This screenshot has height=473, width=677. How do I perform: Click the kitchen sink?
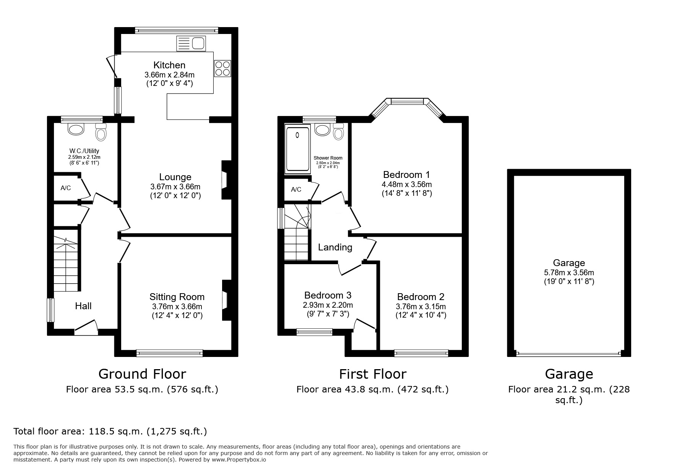[x=191, y=44]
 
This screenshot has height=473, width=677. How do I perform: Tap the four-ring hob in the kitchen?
[x=222, y=69]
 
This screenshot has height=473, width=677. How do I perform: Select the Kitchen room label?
[x=169, y=65]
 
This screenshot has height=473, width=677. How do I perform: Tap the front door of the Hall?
[x=86, y=328]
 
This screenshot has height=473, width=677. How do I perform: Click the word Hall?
[x=83, y=306]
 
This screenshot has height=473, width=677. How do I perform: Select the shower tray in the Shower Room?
[x=298, y=149]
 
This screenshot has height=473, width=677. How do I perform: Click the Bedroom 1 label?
[x=406, y=175]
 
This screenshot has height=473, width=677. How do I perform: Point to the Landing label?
[x=335, y=247]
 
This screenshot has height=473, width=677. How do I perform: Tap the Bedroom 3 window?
[x=315, y=332]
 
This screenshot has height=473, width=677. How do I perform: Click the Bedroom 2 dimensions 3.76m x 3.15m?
[x=421, y=307]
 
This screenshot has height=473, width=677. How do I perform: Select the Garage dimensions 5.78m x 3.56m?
[x=569, y=273]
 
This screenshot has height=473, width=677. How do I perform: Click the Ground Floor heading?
[x=142, y=374]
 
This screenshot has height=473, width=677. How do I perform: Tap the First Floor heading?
[x=373, y=374]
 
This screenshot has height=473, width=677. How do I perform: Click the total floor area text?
[x=110, y=431]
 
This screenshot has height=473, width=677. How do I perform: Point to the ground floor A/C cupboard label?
[x=66, y=188]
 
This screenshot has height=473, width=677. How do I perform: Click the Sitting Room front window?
[x=170, y=353]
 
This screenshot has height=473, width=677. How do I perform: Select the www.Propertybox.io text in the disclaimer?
[x=239, y=460]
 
